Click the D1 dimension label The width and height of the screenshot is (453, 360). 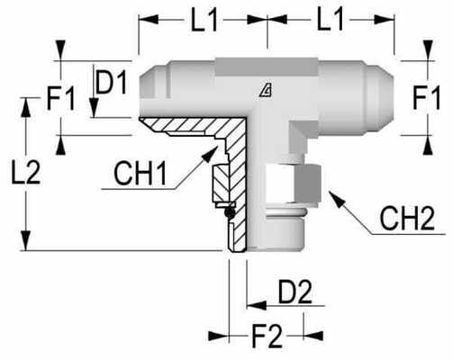(x=111, y=85)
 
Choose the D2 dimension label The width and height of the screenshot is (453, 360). (x=294, y=292)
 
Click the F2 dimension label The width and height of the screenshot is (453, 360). (x=267, y=338)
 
